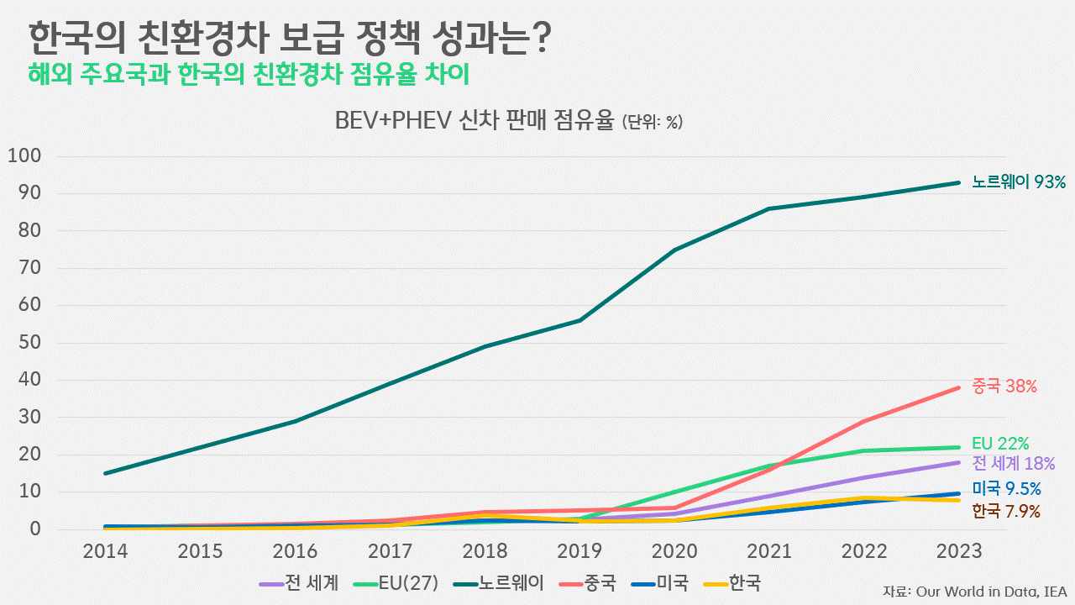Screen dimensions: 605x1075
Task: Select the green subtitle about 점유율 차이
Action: tap(249, 74)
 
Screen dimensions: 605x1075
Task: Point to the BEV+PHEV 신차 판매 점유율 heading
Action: tap(508, 121)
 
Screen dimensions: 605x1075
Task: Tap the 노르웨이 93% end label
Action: tap(1018, 181)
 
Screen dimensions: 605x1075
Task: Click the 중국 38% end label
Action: tap(1004, 387)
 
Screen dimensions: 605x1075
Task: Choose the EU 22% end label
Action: tap(1000, 443)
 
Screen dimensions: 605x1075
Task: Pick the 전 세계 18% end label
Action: tap(1013, 463)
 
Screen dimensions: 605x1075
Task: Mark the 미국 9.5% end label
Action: tap(1006, 489)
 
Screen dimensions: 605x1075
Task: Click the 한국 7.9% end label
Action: tap(1006, 511)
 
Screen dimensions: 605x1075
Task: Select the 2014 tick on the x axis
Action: tap(105, 551)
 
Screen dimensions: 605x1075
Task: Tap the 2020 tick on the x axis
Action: tap(674, 551)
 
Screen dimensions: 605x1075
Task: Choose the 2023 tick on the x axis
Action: tap(959, 551)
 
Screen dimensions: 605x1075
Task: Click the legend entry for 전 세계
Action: tap(300, 582)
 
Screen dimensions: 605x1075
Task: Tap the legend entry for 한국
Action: tap(732, 582)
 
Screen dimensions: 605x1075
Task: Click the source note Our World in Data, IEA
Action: tap(974, 592)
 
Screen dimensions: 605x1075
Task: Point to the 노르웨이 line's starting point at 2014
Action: tap(105, 474)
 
